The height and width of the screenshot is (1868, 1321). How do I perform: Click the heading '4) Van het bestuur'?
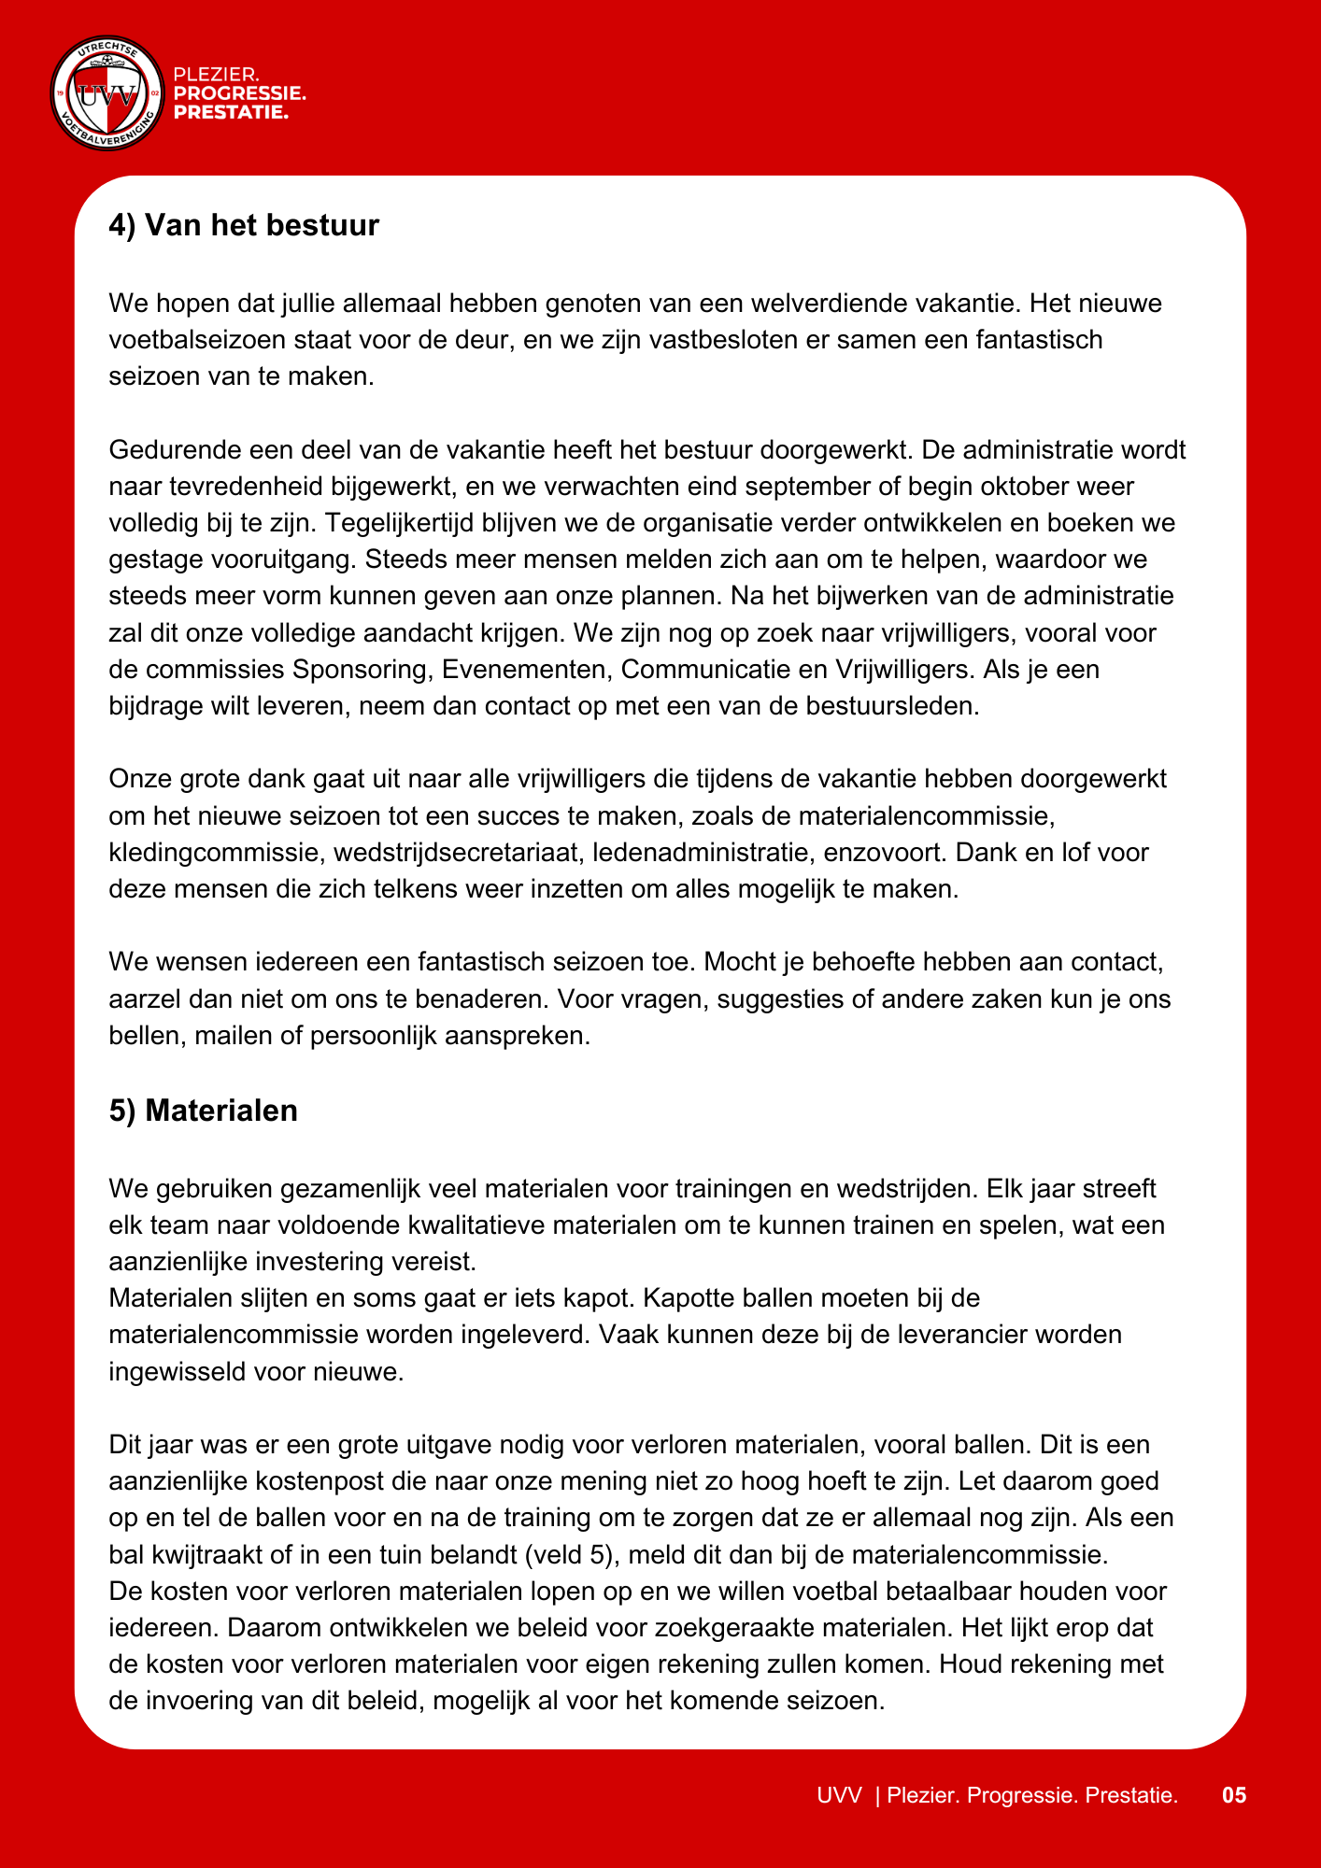(x=244, y=225)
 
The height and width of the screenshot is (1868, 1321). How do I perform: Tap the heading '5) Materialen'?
(x=203, y=1110)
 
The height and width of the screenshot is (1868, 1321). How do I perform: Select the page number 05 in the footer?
(x=1234, y=1794)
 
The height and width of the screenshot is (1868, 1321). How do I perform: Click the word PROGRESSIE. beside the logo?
(x=240, y=93)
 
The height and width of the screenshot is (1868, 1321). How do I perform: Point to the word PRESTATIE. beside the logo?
(x=231, y=113)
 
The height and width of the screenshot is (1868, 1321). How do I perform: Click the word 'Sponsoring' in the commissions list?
(x=360, y=669)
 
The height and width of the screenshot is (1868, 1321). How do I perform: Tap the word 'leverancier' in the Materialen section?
(x=971, y=1334)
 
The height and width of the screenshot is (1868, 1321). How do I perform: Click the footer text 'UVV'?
(x=839, y=1794)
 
